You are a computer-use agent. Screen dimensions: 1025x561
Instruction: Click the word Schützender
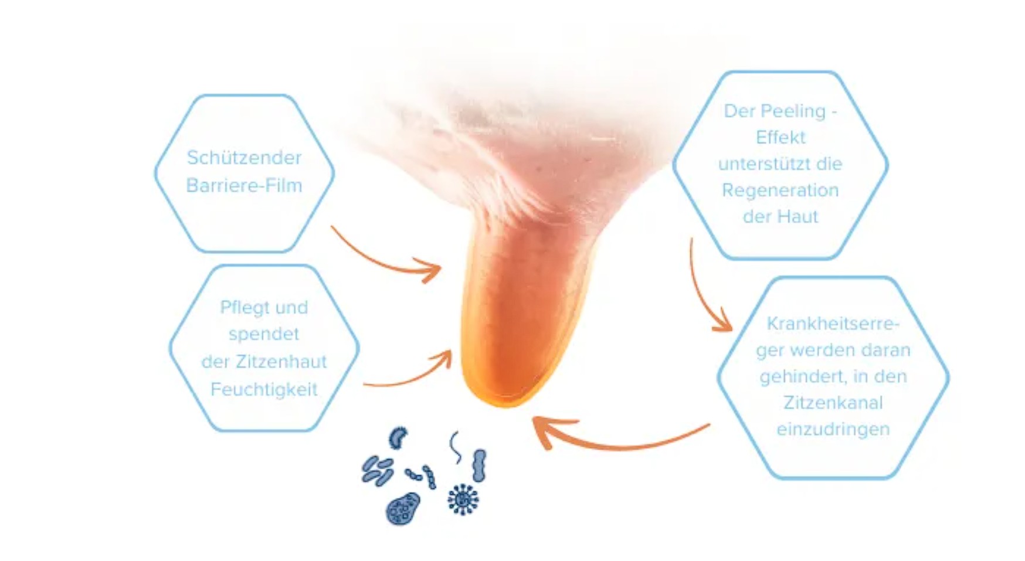(244, 157)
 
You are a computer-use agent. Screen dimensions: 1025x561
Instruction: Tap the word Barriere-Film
(244, 185)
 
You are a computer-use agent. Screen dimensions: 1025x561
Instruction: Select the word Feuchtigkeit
(264, 389)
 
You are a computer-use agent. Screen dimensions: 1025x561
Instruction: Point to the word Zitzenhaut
(281, 361)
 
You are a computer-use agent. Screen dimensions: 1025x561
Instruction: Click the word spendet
(264, 334)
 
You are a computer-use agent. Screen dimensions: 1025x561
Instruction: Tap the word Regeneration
(780, 190)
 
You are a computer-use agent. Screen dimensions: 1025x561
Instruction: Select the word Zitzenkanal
(833, 403)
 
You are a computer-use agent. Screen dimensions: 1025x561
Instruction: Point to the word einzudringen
(833, 429)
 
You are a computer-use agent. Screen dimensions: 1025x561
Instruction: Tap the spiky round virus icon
(463, 499)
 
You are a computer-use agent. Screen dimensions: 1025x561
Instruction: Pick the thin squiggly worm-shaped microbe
(455, 447)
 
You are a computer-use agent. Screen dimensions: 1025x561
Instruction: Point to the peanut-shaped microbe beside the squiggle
(479, 466)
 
